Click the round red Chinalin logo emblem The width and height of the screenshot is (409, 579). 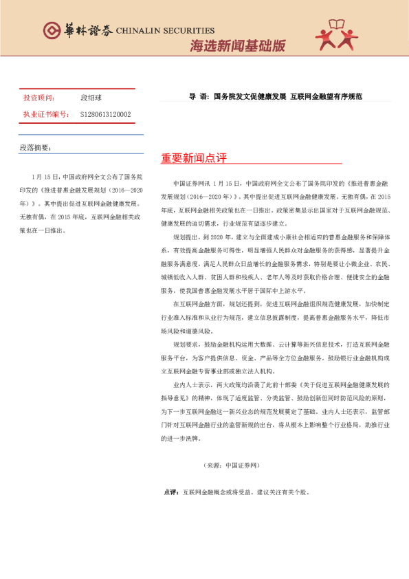click(x=52, y=30)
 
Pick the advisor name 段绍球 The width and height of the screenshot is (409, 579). click(x=91, y=98)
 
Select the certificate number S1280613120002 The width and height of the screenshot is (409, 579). click(x=105, y=114)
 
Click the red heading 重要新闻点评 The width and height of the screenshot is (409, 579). click(x=194, y=158)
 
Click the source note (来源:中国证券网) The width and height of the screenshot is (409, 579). click(x=232, y=466)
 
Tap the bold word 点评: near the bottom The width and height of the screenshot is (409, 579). click(x=171, y=492)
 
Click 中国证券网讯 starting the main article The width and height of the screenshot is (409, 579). click(x=192, y=184)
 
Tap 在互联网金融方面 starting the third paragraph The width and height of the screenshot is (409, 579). click(x=199, y=303)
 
